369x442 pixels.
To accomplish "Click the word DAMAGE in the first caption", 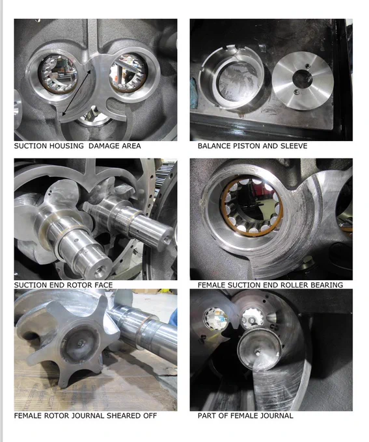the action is coord(100,146).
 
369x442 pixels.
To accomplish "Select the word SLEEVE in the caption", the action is coord(294,146).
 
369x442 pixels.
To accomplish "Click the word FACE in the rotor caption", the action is coord(103,285).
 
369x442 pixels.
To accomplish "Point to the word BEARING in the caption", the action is coord(327,285).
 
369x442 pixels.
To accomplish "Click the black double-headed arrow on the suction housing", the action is coord(76,93).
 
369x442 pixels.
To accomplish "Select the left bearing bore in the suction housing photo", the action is coord(57,73).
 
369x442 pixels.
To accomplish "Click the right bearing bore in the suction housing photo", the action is coord(128,73).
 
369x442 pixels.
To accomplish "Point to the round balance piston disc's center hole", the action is coord(302,79).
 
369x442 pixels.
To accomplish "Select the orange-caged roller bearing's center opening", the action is coord(252,206).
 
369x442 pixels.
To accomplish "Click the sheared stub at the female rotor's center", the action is coord(81,343).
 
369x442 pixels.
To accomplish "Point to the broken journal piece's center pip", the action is coord(258,352).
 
